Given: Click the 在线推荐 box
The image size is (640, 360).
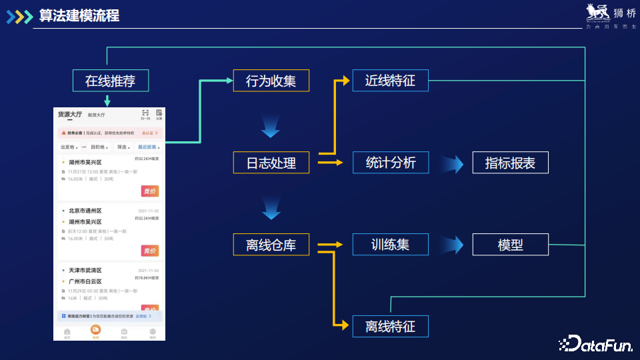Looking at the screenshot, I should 111,81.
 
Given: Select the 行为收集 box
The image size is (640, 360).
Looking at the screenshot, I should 271,81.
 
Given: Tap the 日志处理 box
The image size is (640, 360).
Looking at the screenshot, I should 271,163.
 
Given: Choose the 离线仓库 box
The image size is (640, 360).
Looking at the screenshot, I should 271,245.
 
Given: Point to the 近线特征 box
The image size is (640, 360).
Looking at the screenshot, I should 390,81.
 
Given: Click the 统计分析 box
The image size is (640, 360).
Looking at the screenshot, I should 390,163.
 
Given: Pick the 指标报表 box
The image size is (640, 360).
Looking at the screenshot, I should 510,163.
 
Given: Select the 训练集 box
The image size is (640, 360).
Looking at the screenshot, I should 390,245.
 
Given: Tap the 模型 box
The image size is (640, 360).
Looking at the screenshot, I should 510,245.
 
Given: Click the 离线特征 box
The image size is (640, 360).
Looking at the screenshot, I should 390,327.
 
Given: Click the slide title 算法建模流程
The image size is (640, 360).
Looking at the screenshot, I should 79,15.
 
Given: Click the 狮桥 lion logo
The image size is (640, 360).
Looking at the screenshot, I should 597,13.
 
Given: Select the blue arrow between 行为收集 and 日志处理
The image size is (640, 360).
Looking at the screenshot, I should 270,125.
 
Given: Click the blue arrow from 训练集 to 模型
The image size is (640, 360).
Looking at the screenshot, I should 451,245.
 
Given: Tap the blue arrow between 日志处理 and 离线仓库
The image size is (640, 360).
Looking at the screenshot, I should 270,208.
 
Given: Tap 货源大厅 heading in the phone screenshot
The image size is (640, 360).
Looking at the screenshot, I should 69,115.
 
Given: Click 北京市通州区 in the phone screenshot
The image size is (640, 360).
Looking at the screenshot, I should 85,211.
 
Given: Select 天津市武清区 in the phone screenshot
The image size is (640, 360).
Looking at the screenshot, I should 85,271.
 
